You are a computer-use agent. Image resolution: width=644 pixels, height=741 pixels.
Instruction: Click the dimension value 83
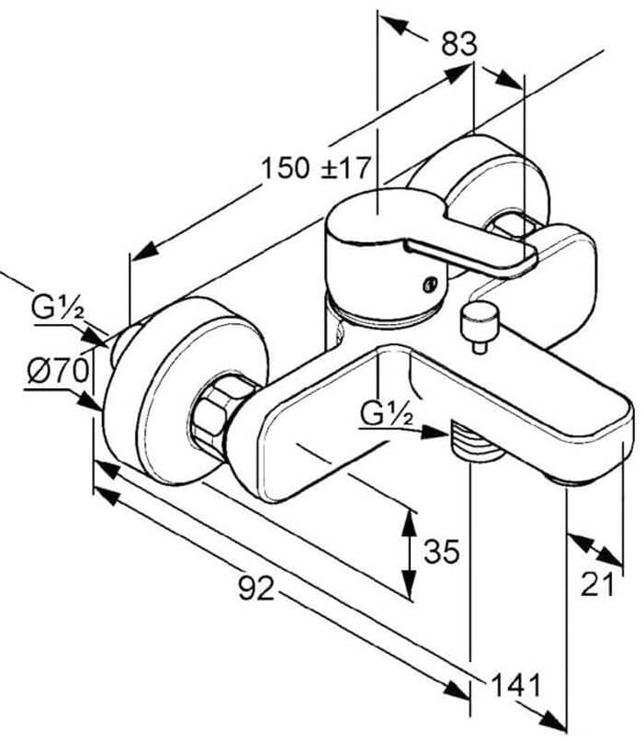pyautogui.click(x=459, y=45)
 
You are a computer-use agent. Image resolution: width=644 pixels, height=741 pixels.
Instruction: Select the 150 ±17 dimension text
pyautogui.click(x=315, y=168)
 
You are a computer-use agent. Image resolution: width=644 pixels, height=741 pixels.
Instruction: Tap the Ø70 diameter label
pyautogui.click(x=58, y=371)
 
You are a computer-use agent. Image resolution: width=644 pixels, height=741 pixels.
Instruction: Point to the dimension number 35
pyautogui.click(x=442, y=551)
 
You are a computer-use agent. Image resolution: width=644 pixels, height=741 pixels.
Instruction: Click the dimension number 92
pyautogui.click(x=256, y=589)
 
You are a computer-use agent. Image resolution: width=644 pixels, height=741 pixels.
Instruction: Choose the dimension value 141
pyautogui.click(x=516, y=685)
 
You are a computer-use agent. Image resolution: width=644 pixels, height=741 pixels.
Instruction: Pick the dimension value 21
pyautogui.click(x=597, y=584)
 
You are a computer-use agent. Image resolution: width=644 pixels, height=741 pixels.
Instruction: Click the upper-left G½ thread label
pyautogui.click(x=58, y=308)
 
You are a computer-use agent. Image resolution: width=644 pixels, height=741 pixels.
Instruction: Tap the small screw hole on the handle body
pyautogui.click(x=430, y=285)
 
